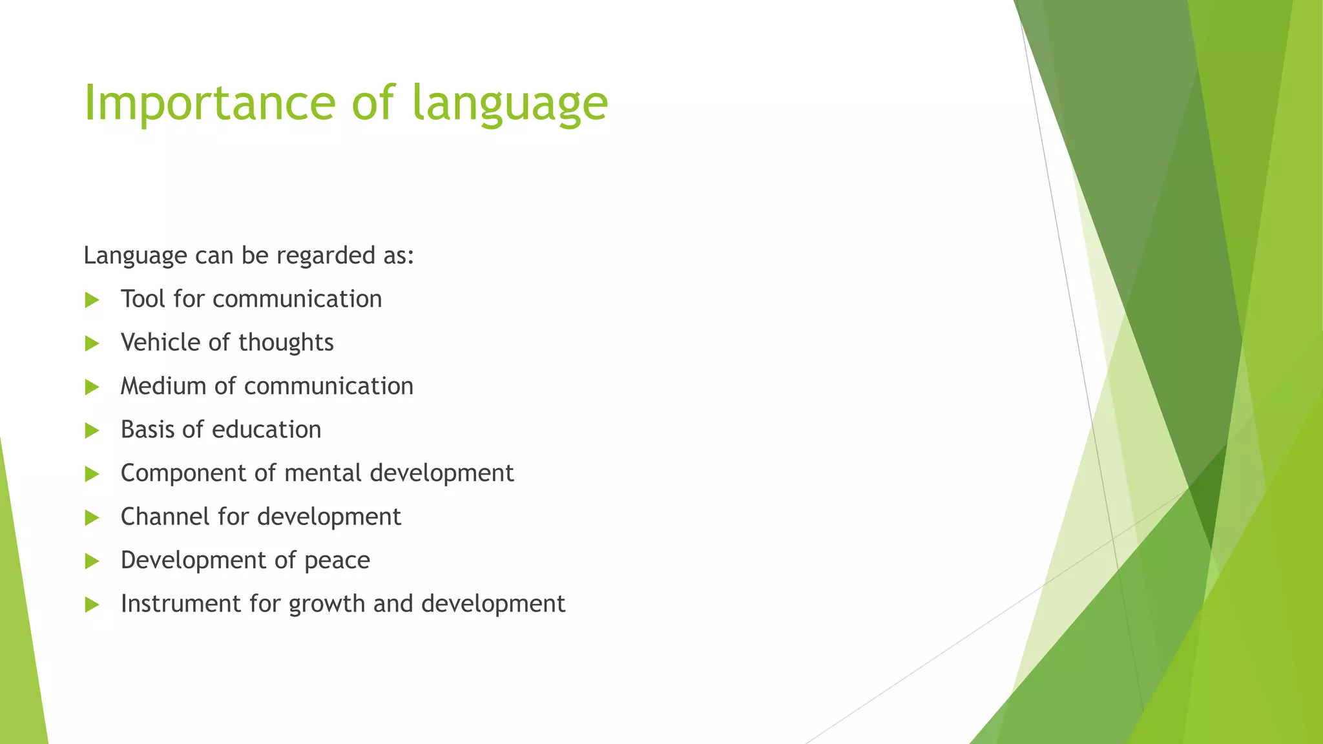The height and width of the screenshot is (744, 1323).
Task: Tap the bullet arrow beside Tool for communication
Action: (x=92, y=300)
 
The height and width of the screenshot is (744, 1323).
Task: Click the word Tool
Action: (x=143, y=299)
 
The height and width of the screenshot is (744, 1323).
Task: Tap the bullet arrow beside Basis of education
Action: (x=92, y=430)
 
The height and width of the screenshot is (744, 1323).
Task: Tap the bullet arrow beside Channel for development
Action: (x=92, y=517)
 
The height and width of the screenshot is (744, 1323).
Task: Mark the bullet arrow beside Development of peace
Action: (x=92, y=561)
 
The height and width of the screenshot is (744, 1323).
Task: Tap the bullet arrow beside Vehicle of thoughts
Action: (x=92, y=343)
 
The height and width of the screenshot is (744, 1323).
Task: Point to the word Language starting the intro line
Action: (x=135, y=256)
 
